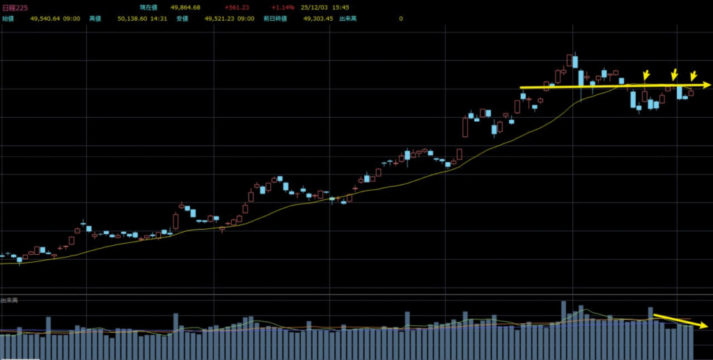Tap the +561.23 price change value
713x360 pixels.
pyautogui.click(x=237, y=8)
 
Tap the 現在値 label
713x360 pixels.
pyautogui.click(x=148, y=8)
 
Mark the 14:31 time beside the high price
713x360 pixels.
pyautogui.click(x=157, y=19)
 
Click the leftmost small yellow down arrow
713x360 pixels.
pyautogui.click(x=646, y=75)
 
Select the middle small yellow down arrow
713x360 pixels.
pyautogui.click(x=674, y=75)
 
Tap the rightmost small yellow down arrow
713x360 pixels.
pyautogui.click(x=693, y=75)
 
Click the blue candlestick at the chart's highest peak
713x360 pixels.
pyautogui.click(x=573, y=61)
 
